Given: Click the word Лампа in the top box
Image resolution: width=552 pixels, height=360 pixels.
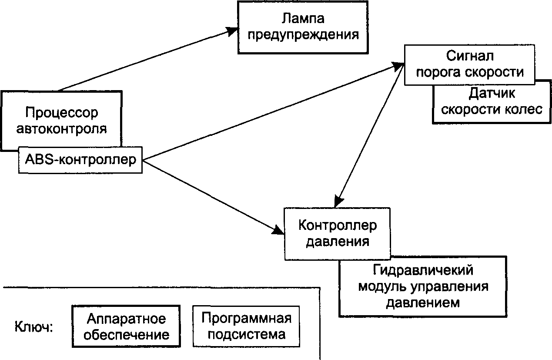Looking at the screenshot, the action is pyautogui.click(x=303, y=18).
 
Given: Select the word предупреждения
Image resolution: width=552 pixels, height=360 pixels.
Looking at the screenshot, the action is pyautogui.click(x=303, y=35).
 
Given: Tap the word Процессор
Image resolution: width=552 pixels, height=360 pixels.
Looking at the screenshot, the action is pyautogui.click(x=62, y=113).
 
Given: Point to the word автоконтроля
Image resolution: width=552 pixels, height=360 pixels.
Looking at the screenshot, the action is pyautogui.click(x=62, y=129).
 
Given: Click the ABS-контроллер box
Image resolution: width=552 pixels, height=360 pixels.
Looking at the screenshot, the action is pyautogui.click(x=80, y=160).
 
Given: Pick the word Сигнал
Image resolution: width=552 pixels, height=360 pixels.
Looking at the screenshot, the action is pyautogui.click(x=470, y=56).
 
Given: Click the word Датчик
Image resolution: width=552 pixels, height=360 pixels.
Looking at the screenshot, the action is pyautogui.click(x=492, y=94).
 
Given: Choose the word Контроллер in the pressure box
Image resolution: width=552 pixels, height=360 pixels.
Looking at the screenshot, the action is pyautogui.click(x=338, y=225).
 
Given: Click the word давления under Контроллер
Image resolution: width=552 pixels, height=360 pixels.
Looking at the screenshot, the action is pyautogui.click(x=338, y=242).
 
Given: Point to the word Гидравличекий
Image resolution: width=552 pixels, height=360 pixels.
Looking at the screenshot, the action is pyautogui.click(x=423, y=270).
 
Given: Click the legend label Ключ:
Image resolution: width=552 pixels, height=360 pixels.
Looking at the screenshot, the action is pyautogui.click(x=34, y=327).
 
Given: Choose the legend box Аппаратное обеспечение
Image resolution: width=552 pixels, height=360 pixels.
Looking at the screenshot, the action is pyautogui.click(x=126, y=326).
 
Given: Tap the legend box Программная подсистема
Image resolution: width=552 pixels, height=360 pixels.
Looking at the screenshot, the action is pyautogui.click(x=246, y=326).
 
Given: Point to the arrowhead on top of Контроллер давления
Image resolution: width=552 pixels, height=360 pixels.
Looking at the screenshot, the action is pyautogui.click(x=338, y=201).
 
